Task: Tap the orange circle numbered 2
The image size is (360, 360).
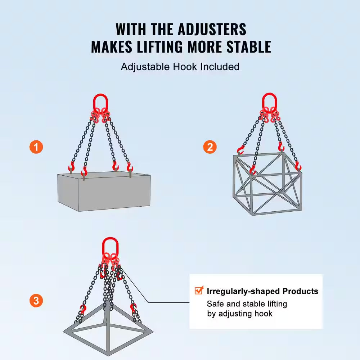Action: pyautogui.click(x=210, y=147)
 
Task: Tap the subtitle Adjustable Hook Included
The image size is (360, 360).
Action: pyautogui.click(x=180, y=67)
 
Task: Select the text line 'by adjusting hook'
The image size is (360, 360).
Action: pyautogui.click(x=239, y=314)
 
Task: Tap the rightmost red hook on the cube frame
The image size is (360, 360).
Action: pyautogui.click(x=298, y=166)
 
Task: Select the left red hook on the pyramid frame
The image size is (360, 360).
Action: pyautogui.click(x=83, y=309)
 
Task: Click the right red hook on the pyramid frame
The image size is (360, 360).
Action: pyautogui.click(x=133, y=308)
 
